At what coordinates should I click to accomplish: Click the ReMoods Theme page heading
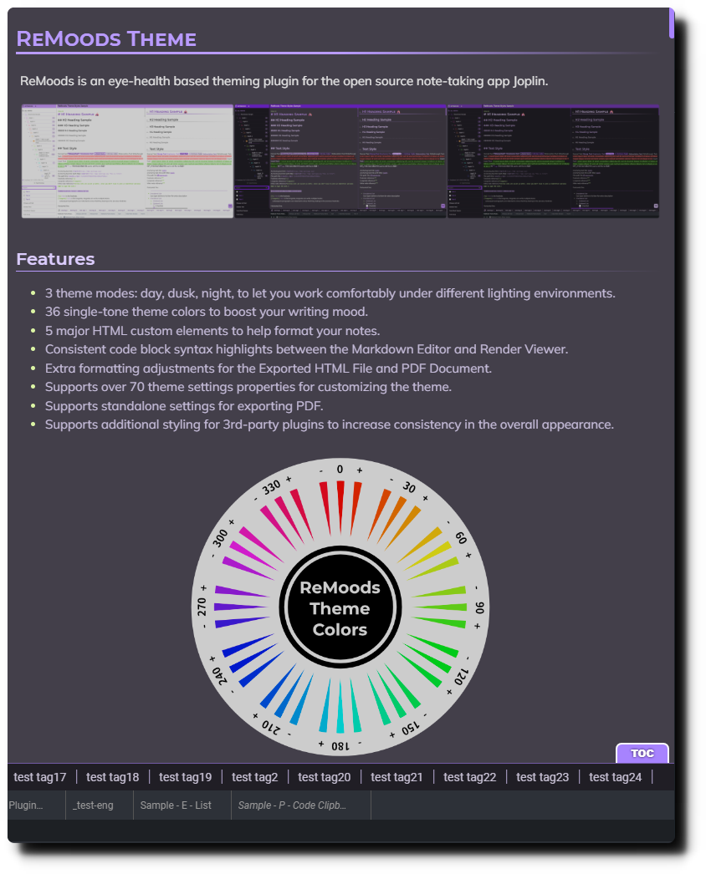click(x=106, y=38)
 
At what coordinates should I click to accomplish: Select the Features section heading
click(x=55, y=259)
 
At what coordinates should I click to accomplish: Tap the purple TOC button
click(x=642, y=754)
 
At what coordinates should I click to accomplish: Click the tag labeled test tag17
click(x=40, y=777)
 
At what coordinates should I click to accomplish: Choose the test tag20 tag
click(x=325, y=777)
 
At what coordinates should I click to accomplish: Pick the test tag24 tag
click(x=616, y=777)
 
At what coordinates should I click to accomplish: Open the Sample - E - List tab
click(x=182, y=805)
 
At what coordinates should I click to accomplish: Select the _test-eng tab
click(x=93, y=805)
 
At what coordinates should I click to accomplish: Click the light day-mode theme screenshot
click(x=127, y=161)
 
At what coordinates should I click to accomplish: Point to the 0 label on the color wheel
click(x=340, y=470)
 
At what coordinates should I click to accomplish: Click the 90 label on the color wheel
click(x=479, y=607)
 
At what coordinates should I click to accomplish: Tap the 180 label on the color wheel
click(x=340, y=744)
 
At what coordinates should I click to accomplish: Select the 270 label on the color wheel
click(x=202, y=607)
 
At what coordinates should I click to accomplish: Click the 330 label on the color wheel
click(x=270, y=488)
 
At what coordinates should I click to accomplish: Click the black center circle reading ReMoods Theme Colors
click(x=340, y=608)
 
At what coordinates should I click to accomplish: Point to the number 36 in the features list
click(x=53, y=312)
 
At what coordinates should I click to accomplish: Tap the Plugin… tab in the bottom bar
click(x=26, y=805)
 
